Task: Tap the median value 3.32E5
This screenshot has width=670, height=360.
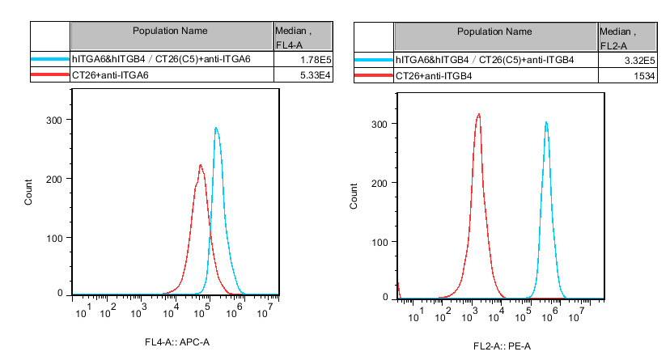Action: [x=627, y=60]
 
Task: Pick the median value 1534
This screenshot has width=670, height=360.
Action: [x=632, y=75]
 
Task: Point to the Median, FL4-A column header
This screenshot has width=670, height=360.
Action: [x=294, y=36]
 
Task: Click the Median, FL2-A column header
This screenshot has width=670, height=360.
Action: [x=618, y=37]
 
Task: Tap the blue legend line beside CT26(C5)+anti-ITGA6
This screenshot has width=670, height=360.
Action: [x=50, y=59]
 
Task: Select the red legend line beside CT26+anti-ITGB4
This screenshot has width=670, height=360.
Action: [x=374, y=75]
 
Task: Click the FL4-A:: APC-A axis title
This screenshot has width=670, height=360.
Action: [x=177, y=343]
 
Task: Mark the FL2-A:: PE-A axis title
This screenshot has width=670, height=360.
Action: [x=503, y=346]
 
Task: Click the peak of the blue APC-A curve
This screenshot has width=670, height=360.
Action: [x=216, y=128]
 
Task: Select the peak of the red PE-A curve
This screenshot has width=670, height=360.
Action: [x=479, y=114]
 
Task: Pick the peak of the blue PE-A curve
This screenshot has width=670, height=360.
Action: [x=546, y=123]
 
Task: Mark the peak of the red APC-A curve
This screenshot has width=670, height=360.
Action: [x=201, y=166]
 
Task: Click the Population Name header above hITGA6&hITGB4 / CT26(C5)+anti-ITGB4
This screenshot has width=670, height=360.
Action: [x=494, y=32]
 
